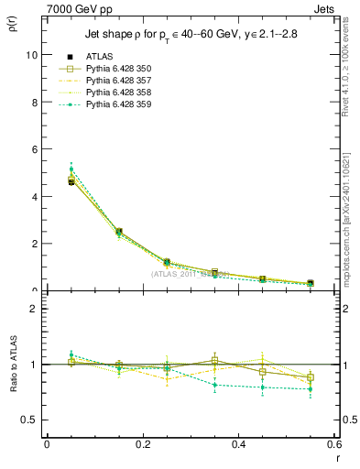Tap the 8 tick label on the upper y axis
(34, 103)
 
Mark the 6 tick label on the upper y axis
(34, 149)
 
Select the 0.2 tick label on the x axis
(142, 444)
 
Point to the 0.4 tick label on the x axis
(238, 444)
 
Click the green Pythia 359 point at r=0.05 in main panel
(71, 169)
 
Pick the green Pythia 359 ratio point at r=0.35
(214, 385)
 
